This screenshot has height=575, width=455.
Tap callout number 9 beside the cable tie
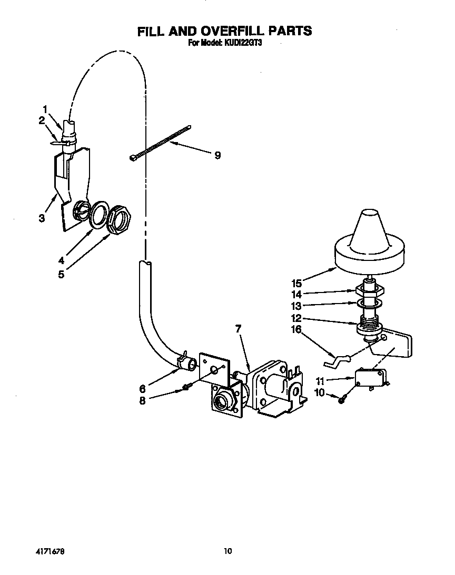(x=217, y=155)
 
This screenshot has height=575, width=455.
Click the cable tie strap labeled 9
(x=160, y=142)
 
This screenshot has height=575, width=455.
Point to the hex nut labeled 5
(x=119, y=218)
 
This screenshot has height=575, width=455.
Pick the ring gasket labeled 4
(x=97, y=215)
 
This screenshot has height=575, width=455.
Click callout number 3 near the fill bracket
(x=42, y=218)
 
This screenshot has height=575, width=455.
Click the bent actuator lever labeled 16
(x=335, y=361)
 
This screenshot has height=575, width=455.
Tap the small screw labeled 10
(x=341, y=400)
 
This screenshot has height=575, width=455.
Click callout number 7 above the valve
(x=238, y=329)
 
